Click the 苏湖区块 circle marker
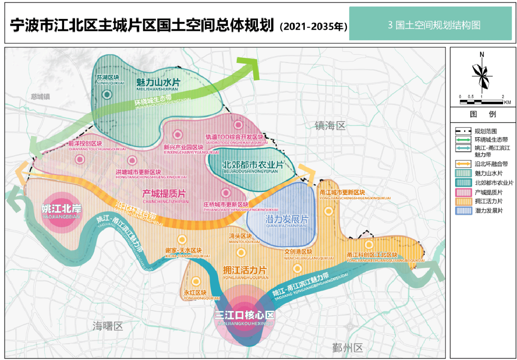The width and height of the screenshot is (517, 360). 107,95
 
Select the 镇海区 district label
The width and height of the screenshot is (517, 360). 330,126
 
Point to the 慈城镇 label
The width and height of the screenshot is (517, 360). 40,97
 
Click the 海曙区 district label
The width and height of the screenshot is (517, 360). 108,327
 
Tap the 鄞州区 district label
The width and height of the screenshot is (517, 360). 347,348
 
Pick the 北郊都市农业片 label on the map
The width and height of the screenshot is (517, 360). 253,165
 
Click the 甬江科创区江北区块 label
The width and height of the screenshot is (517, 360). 372,255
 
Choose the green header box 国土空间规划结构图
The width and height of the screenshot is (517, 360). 430,24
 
